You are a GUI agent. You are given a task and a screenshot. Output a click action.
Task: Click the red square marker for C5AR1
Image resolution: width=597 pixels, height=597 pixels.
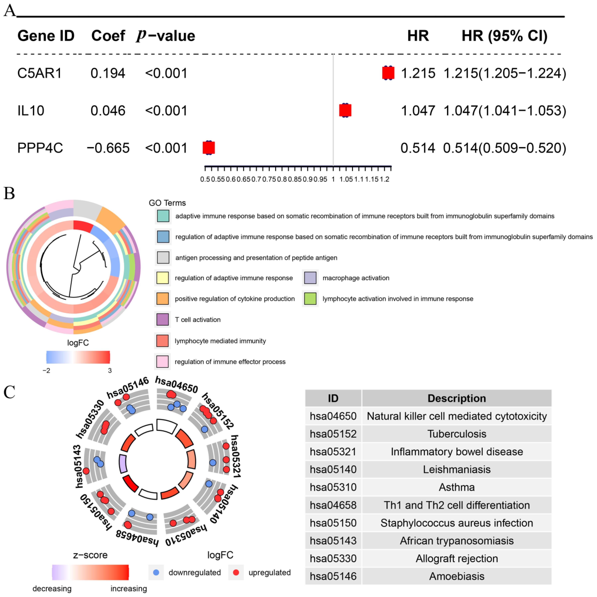[388, 73]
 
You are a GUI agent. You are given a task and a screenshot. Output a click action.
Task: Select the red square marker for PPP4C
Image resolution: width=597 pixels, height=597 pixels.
[209, 148]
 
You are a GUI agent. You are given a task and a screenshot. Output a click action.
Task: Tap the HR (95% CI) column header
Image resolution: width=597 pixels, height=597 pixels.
[504, 36]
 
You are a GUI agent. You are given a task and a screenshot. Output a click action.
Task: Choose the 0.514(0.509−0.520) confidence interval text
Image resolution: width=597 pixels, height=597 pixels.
[504, 148]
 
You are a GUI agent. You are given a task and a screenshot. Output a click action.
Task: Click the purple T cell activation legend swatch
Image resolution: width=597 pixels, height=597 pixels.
[163, 319]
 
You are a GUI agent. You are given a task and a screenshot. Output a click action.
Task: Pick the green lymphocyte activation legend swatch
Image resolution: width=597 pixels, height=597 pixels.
[310, 298]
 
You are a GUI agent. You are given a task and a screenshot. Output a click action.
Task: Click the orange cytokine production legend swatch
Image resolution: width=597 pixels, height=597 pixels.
[163, 298]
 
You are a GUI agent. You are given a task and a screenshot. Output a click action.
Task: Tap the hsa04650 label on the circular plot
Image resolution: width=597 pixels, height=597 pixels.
[176, 384]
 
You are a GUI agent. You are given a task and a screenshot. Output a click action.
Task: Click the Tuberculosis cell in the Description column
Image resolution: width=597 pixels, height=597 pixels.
[456, 434]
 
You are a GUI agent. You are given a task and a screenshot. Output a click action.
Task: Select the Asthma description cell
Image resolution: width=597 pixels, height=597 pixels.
[456, 487]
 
